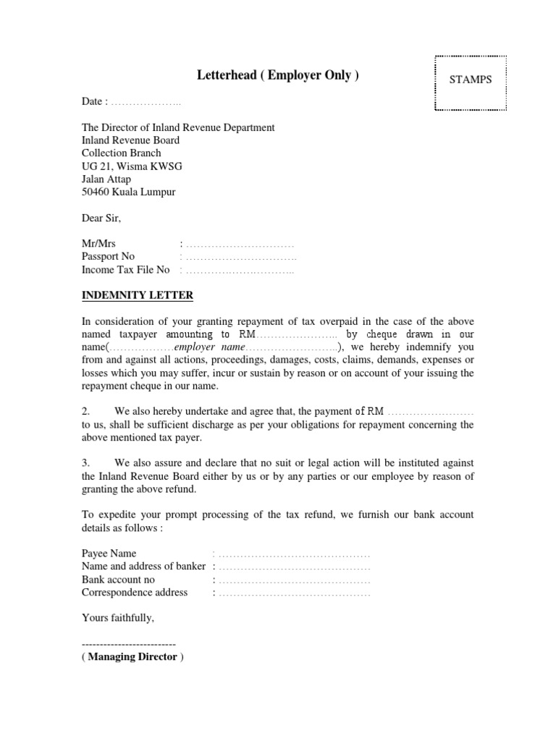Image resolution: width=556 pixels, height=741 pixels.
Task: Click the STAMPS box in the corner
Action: click(x=470, y=80)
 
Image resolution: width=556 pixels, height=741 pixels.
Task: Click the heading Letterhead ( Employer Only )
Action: click(x=278, y=76)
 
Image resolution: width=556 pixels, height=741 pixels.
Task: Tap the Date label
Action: click(x=94, y=102)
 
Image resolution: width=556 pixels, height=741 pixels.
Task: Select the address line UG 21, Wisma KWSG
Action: click(x=132, y=166)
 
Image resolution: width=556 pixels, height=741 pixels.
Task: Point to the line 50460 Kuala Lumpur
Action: click(x=128, y=192)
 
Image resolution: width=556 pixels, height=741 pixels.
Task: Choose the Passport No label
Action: click(x=108, y=256)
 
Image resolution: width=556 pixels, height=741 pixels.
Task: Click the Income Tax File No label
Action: click(x=125, y=269)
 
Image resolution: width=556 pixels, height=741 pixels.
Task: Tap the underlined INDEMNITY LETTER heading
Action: click(x=137, y=295)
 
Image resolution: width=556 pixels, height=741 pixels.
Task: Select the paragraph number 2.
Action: click(x=85, y=412)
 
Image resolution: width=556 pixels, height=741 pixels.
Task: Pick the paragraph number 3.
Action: click(x=85, y=463)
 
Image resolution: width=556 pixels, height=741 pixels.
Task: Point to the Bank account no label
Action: click(x=118, y=580)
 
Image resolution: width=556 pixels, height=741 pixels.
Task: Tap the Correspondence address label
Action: click(x=135, y=593)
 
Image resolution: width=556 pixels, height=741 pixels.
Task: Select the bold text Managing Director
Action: click(x=132, y=657)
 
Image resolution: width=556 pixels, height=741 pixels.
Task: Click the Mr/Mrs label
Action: click(x=98, y=244)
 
